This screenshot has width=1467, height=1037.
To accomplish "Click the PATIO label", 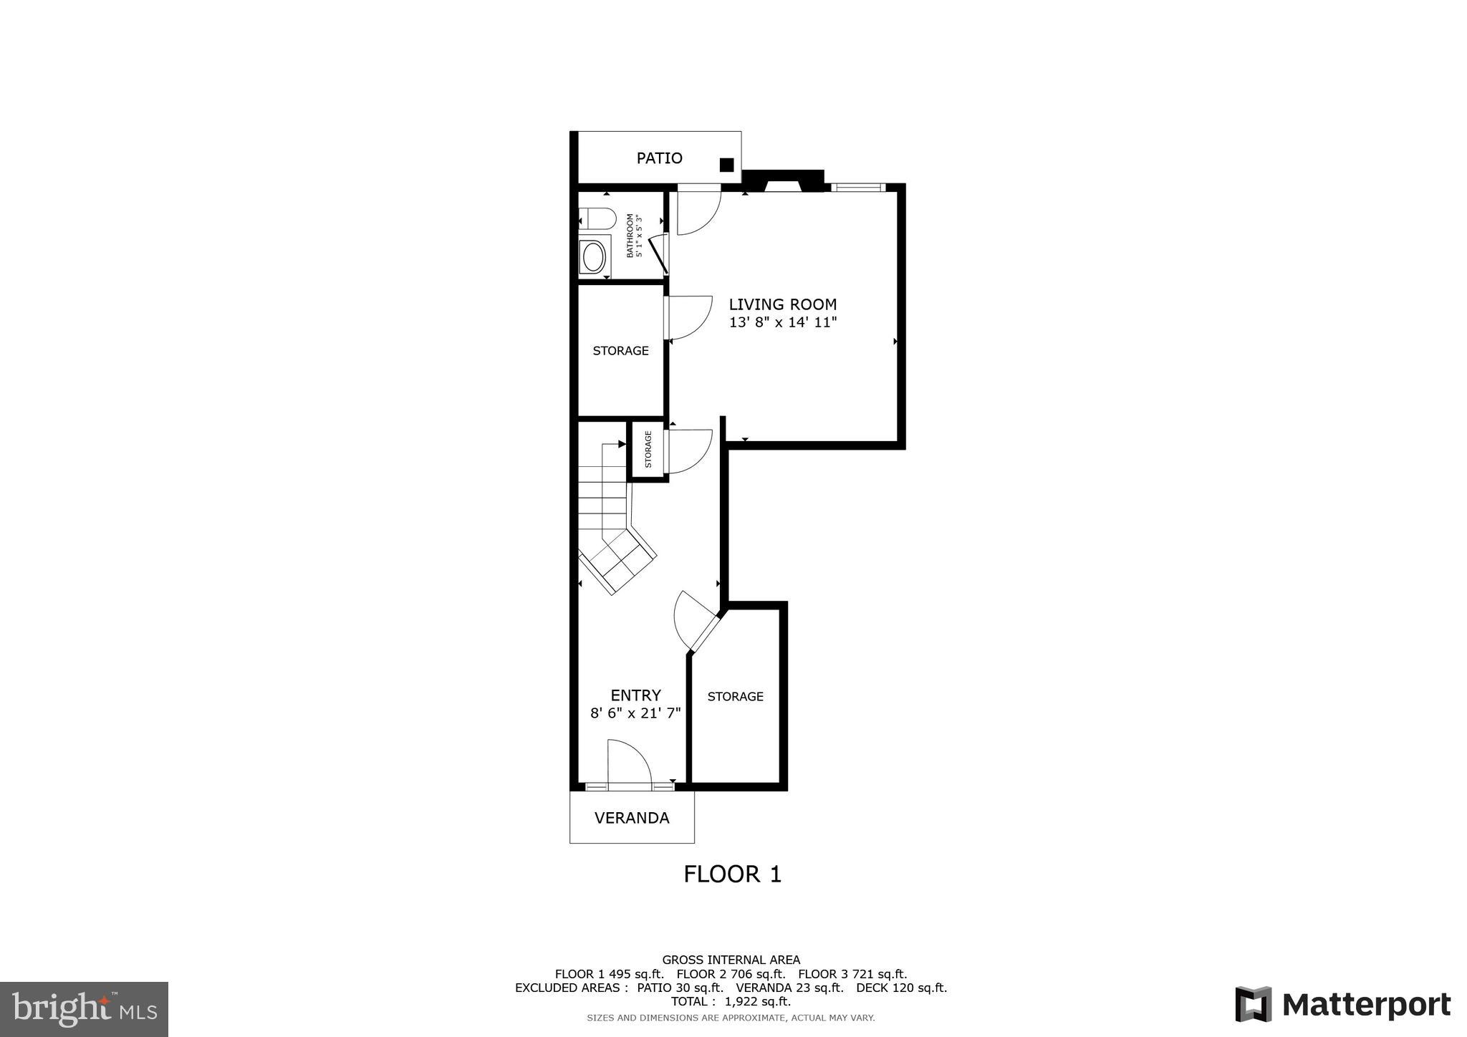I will (659, 158).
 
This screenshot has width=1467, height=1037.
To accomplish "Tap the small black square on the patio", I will (726, 165).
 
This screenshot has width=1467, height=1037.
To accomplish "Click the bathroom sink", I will (594, 256).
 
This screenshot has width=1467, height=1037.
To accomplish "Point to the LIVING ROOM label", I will (782, 304).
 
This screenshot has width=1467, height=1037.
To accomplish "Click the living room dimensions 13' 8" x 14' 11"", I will (782, 322).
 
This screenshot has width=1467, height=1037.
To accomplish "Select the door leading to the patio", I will (697, 210).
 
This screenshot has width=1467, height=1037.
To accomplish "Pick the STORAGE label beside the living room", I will (620, 350).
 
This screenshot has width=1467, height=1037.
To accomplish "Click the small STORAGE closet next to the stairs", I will (648, 450).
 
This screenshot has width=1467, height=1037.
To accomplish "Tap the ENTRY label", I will (635, 695).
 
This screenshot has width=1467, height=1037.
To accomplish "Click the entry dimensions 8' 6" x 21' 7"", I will (635, 713).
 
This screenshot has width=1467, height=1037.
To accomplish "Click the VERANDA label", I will (632, 818).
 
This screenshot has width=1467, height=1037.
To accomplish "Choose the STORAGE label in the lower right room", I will (735, 696).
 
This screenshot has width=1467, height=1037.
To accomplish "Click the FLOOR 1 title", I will (732, 874).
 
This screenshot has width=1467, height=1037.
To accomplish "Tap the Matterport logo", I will (1342, 1004).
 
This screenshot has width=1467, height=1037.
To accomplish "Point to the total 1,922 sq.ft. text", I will (731, 1001).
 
